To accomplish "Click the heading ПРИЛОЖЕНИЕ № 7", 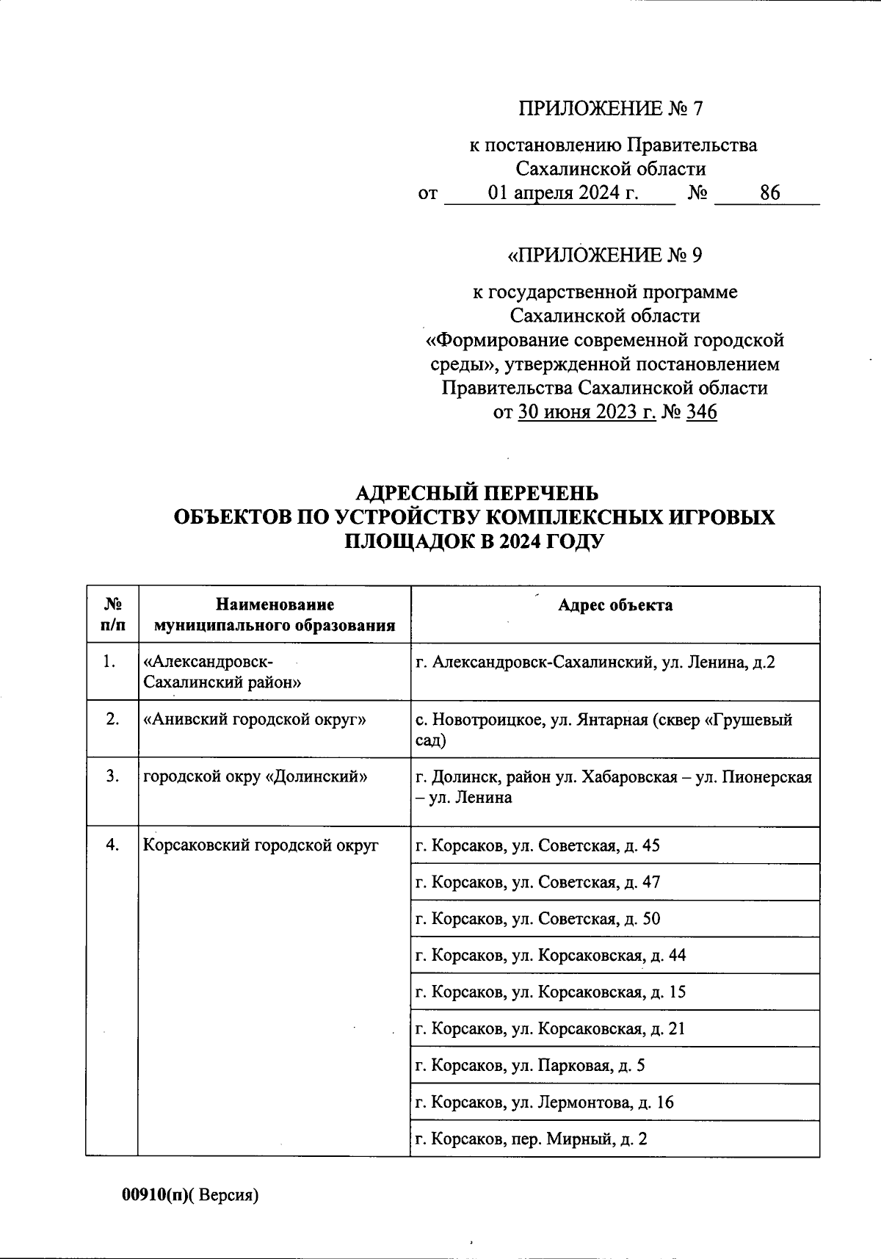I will pyautogui.click(x=611, y=109).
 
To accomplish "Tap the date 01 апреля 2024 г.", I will pyautogui.click(x=562, y=193).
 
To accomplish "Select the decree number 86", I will pyautogui.click(x=769, y=193).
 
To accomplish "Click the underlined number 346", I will pyautogui.click(x=700, y=412).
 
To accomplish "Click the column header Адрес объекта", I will pyautogui.click(x=614, y=605).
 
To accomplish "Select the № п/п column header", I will pyautogui.click(x=112, y=615).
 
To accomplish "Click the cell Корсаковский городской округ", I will pyautogui.click(x=261, y=845).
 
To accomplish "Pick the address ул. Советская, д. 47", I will pyautogui.click(x=538, y=882).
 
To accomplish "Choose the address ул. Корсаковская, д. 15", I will pyautogui.click(x=551, y=992).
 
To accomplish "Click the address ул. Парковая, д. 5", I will pyautogui.click(x=530, y=1066).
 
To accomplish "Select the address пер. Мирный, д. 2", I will pyautogui.click(x=532, y=1139).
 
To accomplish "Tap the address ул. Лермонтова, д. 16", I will pyautogui.click(x=545, y=1103).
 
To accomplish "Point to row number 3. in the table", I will pyautogui.click(x=112, y=776).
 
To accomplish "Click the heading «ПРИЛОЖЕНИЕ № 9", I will pyautogui.click(x=606, y=256).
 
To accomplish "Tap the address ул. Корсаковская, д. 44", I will pyautogui.click(x=551, y=956).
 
